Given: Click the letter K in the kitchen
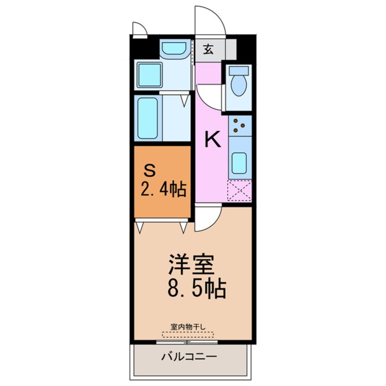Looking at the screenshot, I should click(212, 140).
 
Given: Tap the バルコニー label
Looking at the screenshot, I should click(188, 356).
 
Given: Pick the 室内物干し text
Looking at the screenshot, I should click(188, 326).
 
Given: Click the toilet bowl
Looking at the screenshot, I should click(239, 85).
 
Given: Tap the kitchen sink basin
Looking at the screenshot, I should click(239, 163).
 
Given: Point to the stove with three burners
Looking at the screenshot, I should click(240, 126).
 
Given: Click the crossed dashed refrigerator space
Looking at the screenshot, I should click(240, 191).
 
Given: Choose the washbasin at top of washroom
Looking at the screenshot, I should click(175, 48).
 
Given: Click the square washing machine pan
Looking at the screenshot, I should click(149, 75).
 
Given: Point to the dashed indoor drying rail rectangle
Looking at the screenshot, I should click(188, 334).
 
